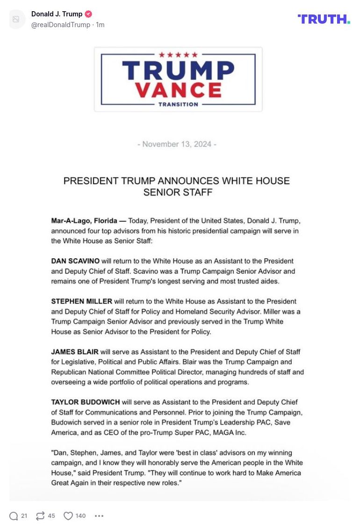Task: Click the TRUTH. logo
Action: (324, 19)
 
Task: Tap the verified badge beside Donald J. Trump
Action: (88, 14)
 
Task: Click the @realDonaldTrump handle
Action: (61, 25)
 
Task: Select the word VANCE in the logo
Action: (178, 89)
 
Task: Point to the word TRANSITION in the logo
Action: (178, 104)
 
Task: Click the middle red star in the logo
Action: (178, 55)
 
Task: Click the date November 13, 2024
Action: (177, 144)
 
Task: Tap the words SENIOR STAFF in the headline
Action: (178, 192)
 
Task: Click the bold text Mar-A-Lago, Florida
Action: (84, 221)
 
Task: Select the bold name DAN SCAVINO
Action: (75, 261)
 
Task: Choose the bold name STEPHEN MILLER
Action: (81, 301)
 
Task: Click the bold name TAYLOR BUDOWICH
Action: (86, 402)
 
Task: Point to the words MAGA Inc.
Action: (230, 433)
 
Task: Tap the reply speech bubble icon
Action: (14, 516)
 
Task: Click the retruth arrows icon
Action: (40, 516)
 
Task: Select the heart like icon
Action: (68, 516)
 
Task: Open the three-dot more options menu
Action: (99, 516)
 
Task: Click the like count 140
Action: (80, 516)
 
